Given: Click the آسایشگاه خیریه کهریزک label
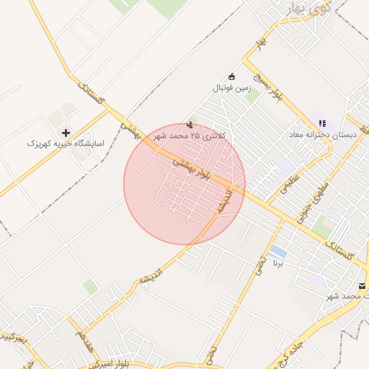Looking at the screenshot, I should tap(66, 143).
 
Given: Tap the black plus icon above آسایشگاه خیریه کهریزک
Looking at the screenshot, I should tap(66, 133).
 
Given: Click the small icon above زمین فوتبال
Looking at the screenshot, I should tap(231, 76).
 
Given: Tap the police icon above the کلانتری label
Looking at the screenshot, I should tap(190, 124).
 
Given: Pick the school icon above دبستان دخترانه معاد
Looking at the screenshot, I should tap(322, 124).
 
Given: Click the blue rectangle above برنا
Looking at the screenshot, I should tap(278, 253).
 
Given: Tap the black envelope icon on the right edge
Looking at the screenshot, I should tap(362, 285).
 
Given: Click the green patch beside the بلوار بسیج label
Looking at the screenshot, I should tap(252, 94).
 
